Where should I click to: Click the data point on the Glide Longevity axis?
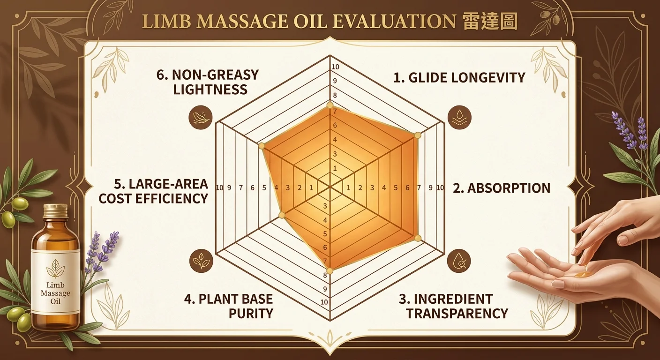tap(330, 105)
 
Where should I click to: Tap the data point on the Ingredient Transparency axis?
tap(418, 238)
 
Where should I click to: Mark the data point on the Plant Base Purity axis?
tap(330, 271)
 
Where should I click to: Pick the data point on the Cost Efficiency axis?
tap(282, 215)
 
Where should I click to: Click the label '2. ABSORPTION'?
tap(502, 188)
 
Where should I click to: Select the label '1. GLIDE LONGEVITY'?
tap(459, 77)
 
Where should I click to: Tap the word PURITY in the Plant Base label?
tap(251, 313)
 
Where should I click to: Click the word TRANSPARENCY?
tap(457, 313)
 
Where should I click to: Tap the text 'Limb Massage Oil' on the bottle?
tap(55, 293)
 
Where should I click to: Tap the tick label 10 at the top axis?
tap(335, 67)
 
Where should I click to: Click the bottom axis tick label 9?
tap(325, 289)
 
